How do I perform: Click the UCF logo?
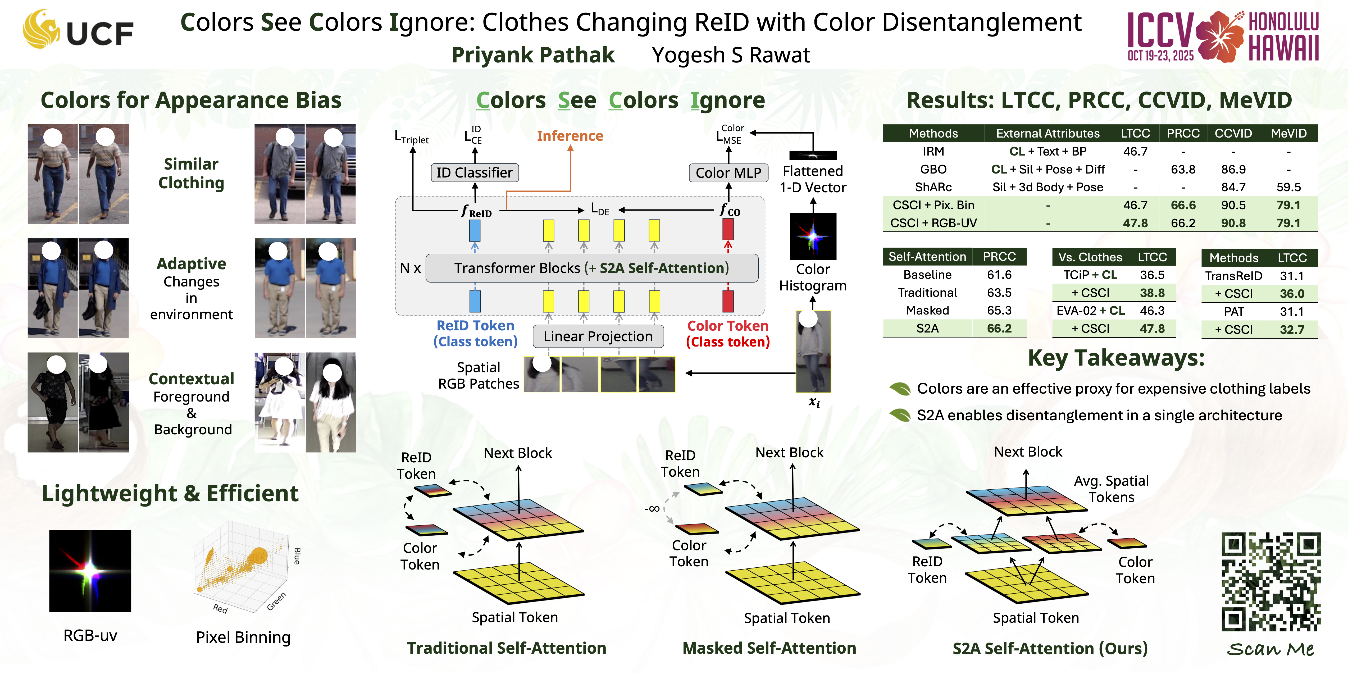pos(79,30)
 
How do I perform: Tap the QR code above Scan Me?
pos(1270,582)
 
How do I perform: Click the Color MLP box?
pos(728,173)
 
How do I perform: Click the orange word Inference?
pos(570,136)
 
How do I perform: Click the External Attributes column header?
pos(1048,133)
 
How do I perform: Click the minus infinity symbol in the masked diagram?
pos(652,509)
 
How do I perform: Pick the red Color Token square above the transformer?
pos(727,229)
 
